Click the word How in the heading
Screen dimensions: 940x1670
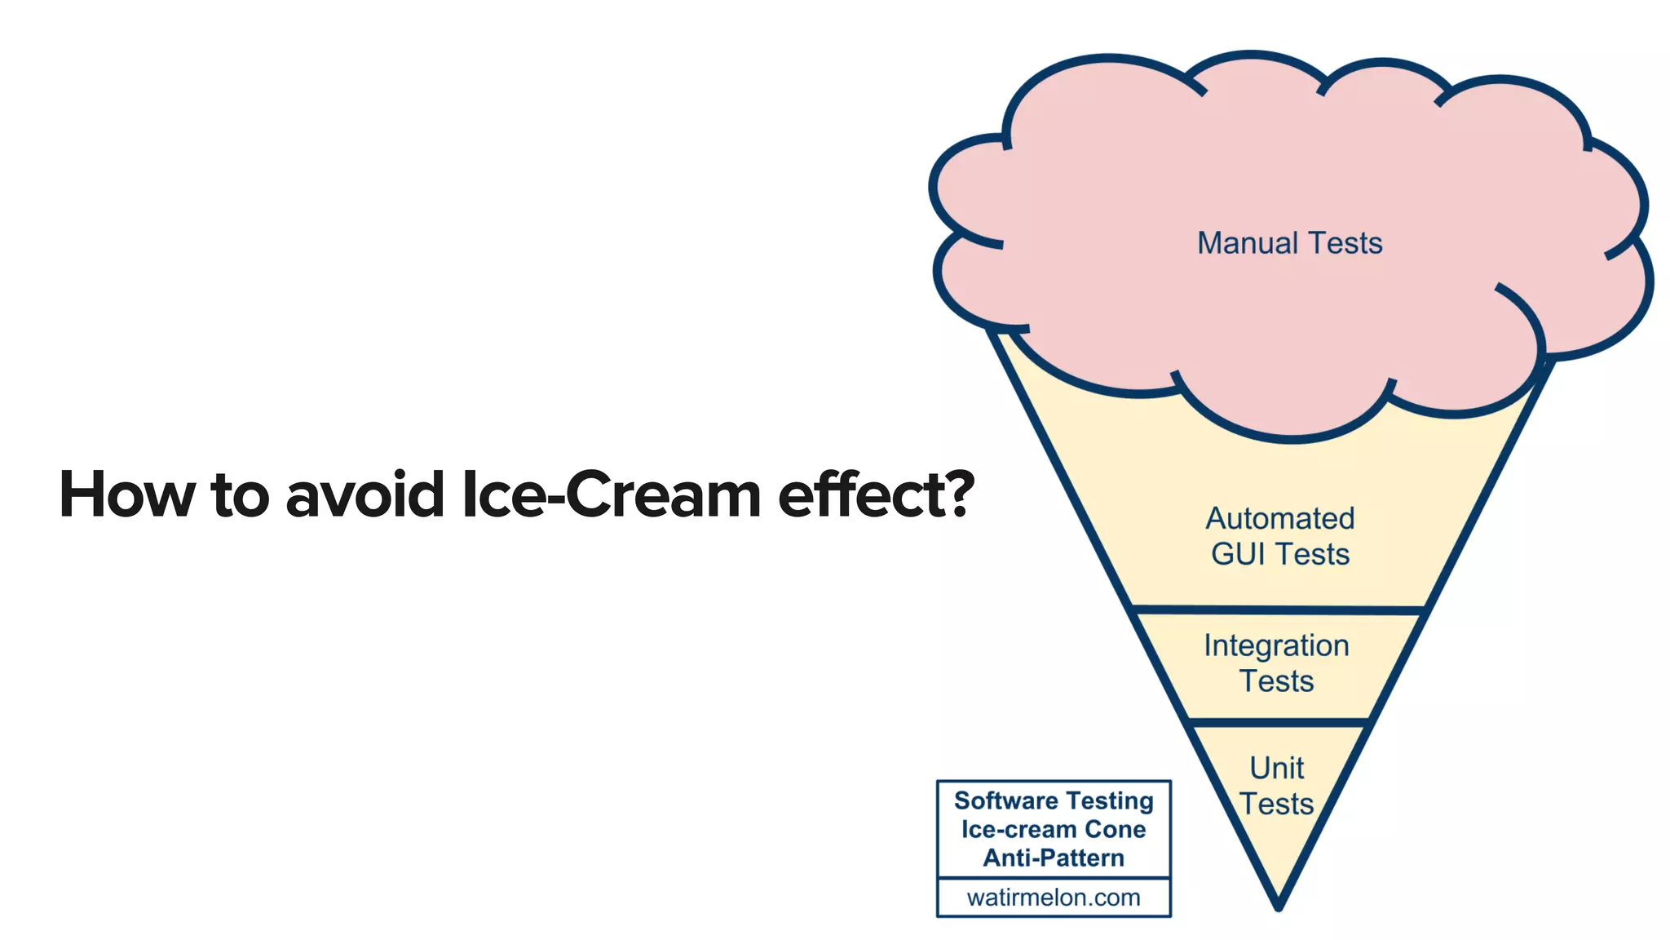pyautogui.click(x=126, y=494)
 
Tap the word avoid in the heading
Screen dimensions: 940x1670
pyautogui.click(x=364, y=494)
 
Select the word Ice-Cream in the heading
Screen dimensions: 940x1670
pyautogui.click(x=610, y=494)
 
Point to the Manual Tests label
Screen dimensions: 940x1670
pyautogui.click(x=1289, y=243)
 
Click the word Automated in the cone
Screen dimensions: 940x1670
pyautogui.click(x=1279, y=518)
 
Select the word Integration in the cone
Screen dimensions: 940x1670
pyautogui.click(x=1276, y=645)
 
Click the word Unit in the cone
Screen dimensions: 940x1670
pyautogui.click(x=1276, y=768)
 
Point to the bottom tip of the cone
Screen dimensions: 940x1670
pyautogui.click(x=1278, y=906)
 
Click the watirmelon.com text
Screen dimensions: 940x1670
pyautogui.click(x=1054, y=898)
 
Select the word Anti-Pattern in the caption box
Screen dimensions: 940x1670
pyautogui.click(x=1054, y=858)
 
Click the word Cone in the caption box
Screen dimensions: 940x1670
pyautogui.click(x=1115, y=829)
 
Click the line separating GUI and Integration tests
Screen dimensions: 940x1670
pyautogui.click(x=1278, y=610)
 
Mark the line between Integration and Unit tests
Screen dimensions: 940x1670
pyautogui.click(x=1278, y=722)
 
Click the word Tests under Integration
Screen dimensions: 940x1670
pyautogui.click(x=1276, y=681)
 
